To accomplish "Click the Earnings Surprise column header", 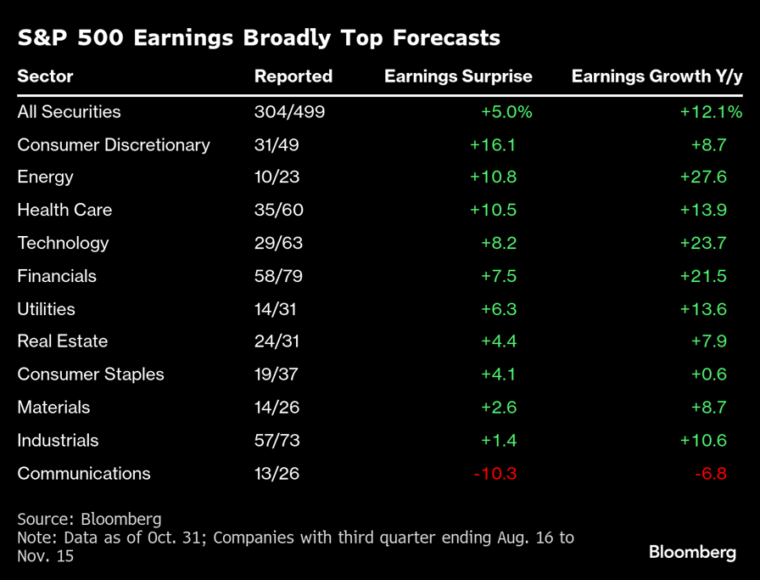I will point(458,76).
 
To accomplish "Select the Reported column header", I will point(293,76).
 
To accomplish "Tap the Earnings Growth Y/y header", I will point(657,76).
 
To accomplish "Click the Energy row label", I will point(46,177).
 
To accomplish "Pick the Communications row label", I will point(84,474).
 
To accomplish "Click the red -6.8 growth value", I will point(710,474).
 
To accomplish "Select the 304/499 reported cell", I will point(289,112).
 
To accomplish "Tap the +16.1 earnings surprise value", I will point(493,144).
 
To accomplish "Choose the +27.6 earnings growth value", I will point(703,177).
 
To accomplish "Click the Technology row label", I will point(64,243).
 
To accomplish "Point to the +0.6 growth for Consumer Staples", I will point(707,374).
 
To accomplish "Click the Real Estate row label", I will point(63,341).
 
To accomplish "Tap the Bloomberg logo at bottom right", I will point(692,553).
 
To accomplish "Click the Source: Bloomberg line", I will point(89,519).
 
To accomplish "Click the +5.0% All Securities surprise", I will point(506,112).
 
